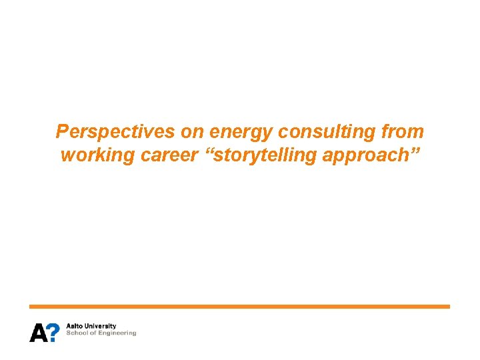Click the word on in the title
pos(193,131)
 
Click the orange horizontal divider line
pos(239,307)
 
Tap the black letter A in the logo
pos(38,332)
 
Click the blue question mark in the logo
pos(54,332)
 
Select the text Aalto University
pos(91,327)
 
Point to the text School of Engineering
pos(101,333)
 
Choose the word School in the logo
pos(75,333)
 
